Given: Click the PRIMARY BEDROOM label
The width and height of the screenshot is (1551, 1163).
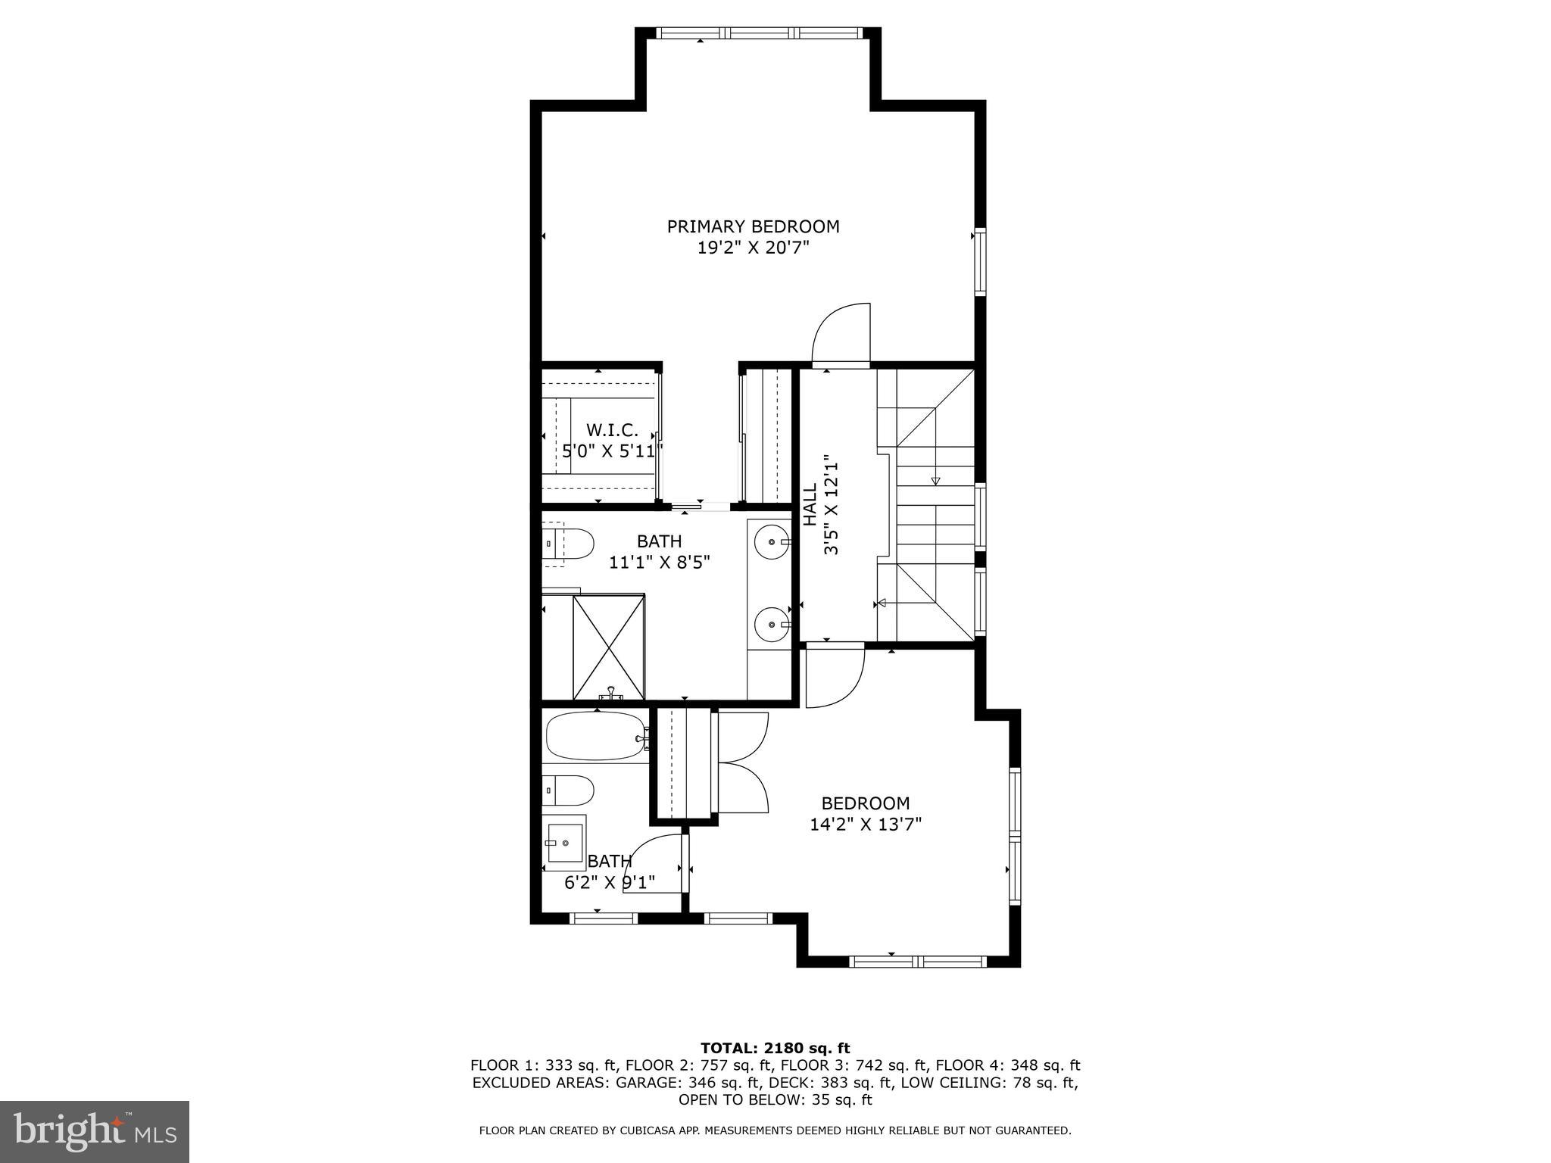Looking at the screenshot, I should click(753, 226).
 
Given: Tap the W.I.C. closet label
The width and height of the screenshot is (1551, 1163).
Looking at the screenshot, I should click(612, 430).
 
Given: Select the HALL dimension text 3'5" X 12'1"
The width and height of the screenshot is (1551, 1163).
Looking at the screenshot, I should click(832, 505).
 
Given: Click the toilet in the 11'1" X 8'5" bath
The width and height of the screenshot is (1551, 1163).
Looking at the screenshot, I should click(570, 544).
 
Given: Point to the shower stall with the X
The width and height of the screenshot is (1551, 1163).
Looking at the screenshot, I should click(609, 647).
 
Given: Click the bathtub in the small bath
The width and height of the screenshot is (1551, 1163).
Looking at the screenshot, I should click(595, 735).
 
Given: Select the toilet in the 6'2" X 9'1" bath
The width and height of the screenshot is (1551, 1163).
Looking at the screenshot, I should click(569, 790).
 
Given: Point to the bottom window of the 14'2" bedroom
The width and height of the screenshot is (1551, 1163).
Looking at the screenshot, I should click(917, 962).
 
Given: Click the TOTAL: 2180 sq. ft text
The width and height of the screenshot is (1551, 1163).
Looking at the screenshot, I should click(775, 1048).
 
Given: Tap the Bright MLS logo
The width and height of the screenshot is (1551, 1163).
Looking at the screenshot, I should click(94, 1131).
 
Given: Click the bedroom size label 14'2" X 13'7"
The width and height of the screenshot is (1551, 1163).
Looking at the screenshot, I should click(865, 824).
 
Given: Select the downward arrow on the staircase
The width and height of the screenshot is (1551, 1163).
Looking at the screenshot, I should click(935, 480).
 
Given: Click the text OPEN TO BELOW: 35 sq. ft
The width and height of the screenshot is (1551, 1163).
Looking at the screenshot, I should click(775, 1099).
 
